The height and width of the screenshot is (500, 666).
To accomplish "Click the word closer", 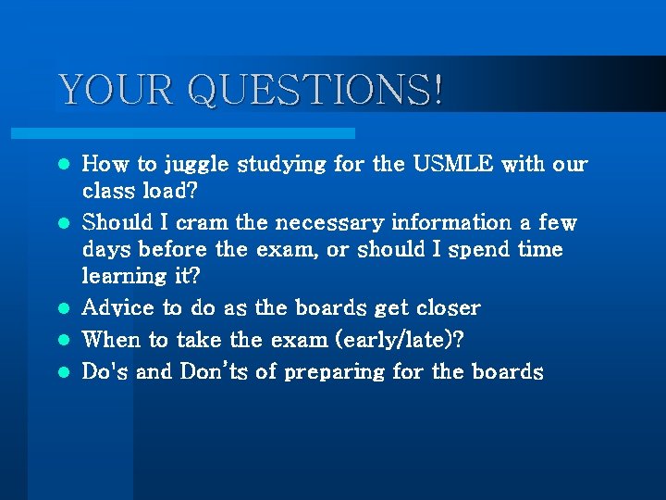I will [448, 307].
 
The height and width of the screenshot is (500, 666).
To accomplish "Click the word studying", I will [282, 166].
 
